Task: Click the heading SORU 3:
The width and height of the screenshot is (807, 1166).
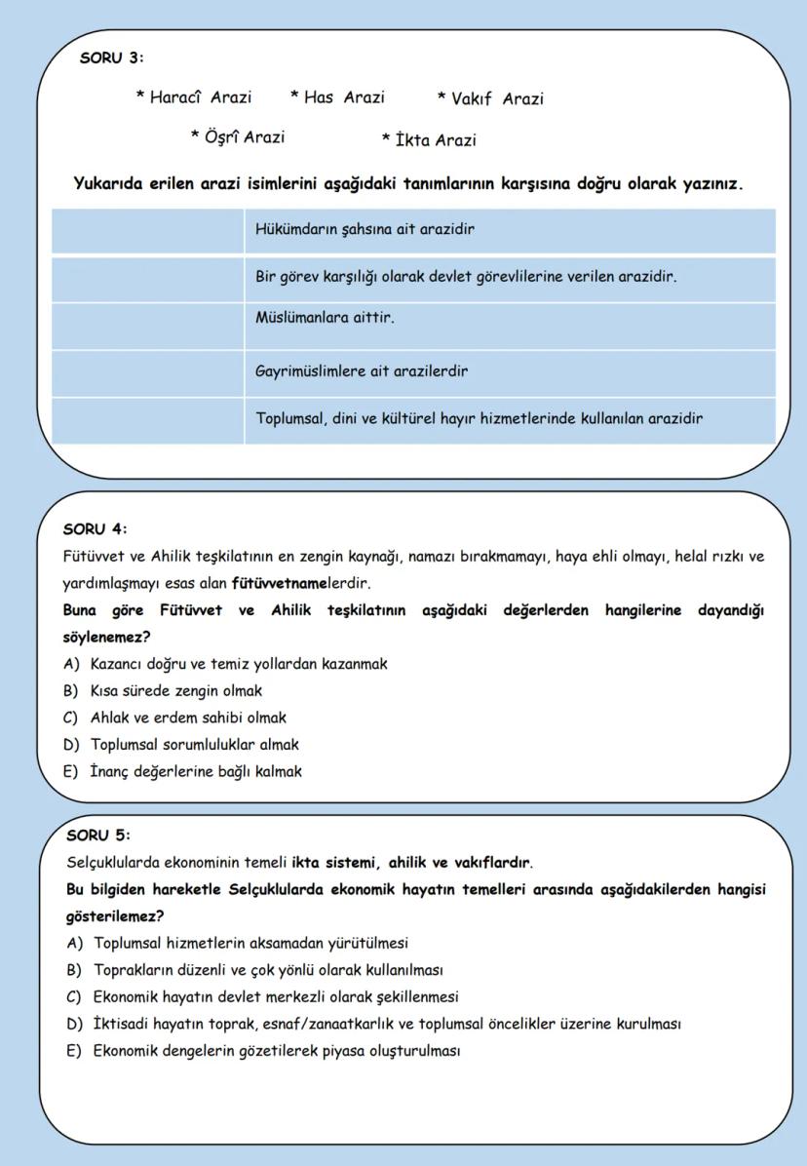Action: point(111,58)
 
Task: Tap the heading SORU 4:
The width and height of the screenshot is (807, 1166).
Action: point(95,529)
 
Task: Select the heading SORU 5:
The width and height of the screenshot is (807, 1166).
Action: point(97,836)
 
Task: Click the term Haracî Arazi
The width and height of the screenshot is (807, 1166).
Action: point(194,97)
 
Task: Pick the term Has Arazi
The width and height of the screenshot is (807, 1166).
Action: point(337,97)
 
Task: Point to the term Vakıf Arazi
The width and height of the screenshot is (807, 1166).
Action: point(490,98)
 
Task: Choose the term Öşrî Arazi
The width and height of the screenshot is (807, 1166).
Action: point(238,137)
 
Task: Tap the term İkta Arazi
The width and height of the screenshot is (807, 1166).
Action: point(429,140)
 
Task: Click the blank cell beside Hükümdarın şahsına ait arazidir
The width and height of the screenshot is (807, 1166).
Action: point(147,231)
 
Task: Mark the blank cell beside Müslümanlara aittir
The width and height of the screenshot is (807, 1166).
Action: point(147,325)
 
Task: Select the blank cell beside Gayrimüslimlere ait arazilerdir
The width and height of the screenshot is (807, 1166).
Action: point(147,372)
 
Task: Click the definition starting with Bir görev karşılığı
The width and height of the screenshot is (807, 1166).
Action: point(466,277)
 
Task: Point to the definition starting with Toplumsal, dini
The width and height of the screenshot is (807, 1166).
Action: point(479,419)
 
